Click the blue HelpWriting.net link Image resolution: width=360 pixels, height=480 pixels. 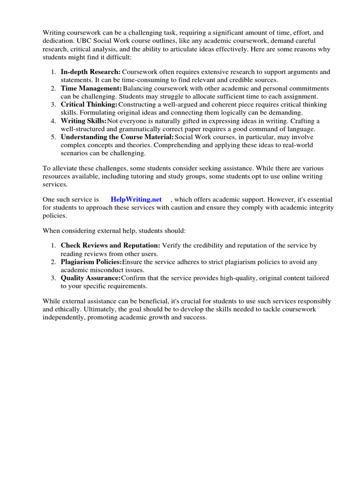coord(136,199)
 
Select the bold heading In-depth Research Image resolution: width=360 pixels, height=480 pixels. coord(90,72)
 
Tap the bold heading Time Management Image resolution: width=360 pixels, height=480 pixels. coord(91,88)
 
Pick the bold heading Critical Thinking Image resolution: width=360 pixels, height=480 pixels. coord(89,105)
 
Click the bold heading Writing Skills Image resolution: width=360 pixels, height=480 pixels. coord(84,121)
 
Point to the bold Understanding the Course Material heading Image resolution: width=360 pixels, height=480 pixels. coord(117,137)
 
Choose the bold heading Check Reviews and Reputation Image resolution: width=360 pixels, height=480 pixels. coord(111,245)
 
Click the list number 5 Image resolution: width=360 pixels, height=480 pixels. coord(53,137)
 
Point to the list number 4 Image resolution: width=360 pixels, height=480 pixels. coord(53,121)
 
